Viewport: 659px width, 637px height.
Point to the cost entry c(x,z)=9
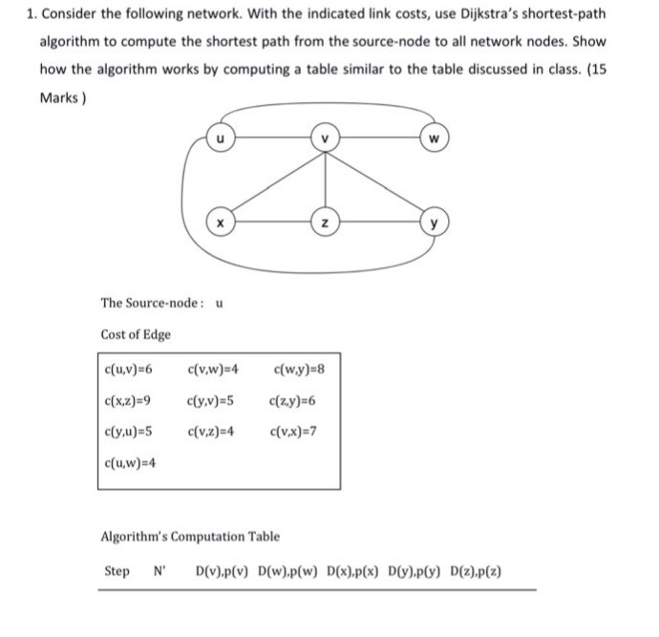[x=127, y=400]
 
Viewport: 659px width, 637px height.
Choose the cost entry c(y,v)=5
[x=212, y=400]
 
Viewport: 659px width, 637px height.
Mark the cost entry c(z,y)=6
[x=292, y=400]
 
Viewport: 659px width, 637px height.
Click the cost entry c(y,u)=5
[x=127, y=431]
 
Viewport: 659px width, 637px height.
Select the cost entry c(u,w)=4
[x=128, y=463]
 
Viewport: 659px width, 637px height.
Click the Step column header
[x=117, y=572]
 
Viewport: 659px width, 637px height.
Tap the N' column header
[x=159, y=572]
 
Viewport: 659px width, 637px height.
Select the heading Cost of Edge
[x=136, y=334]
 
